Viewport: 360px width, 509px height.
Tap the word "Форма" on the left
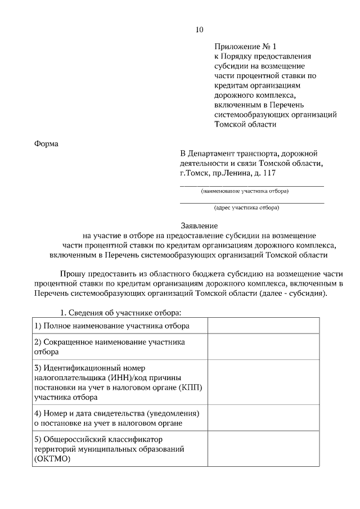[x=47, y=143]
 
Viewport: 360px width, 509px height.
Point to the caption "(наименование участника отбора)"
[x=245, y=191]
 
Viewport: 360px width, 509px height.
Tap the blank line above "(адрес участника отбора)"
[x=251, y=201]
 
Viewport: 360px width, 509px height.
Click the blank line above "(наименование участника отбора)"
[x=251, y=185]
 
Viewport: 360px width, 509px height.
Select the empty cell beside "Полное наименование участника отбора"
[x=263, y=326]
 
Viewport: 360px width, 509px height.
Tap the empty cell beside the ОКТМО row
[x=263, y=449]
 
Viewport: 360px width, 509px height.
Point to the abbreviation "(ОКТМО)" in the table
[x=53, y=460]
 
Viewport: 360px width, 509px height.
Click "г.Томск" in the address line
[x=194, y=174]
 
